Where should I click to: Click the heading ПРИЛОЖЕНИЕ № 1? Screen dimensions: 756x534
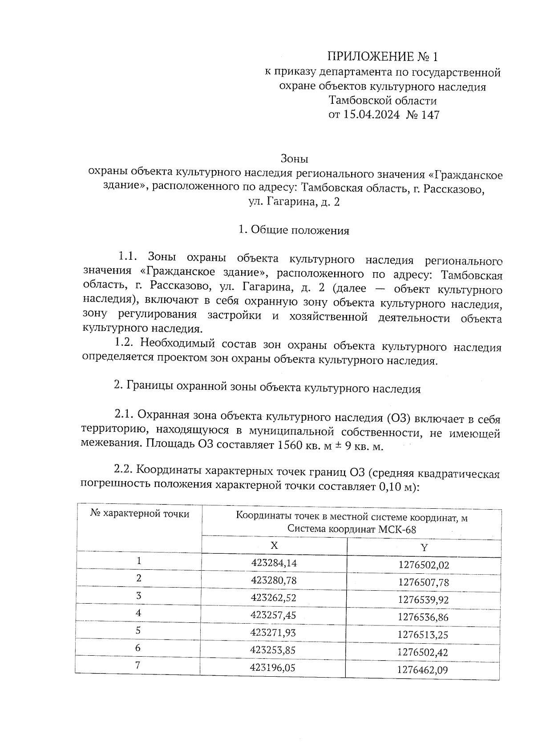(383, 57)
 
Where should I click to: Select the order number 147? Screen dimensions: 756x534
(429, 115)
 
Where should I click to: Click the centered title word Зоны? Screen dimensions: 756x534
(294, 159)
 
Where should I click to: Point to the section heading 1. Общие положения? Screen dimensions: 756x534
(294, 230)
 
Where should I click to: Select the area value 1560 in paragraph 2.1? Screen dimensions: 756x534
(291, 445)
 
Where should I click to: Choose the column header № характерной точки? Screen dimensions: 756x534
(140, 514)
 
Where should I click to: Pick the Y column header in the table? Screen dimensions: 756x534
(424, 548)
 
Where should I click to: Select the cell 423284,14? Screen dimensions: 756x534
(274, 563)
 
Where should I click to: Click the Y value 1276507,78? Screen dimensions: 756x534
(423, 582)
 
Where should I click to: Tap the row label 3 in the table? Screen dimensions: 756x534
(139, 596)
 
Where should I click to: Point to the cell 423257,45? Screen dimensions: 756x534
(273, 615)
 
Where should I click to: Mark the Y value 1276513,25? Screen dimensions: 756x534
(423, 635)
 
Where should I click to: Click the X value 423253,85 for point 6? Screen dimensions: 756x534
(273, 650)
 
